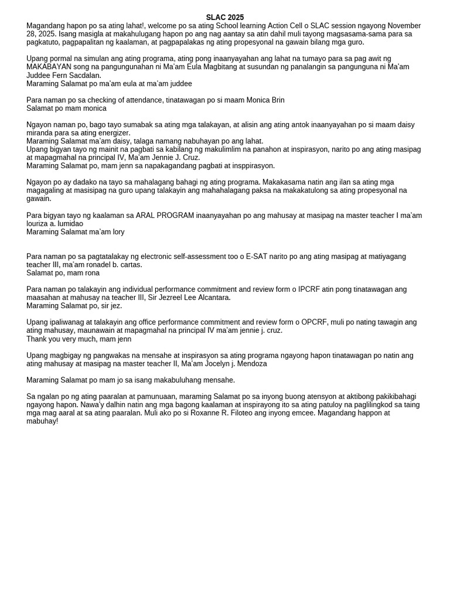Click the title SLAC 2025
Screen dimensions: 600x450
pos(224,18)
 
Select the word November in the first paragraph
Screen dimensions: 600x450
pos(404,26)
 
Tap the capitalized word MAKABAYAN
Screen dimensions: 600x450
pos(49,67)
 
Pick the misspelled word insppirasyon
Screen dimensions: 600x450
pos(253,166)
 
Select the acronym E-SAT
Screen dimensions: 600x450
pos(258,257)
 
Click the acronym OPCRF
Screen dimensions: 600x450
pos(318,322)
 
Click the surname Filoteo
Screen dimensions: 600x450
pos(221,413)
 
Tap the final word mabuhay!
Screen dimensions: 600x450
pos(42,421)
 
